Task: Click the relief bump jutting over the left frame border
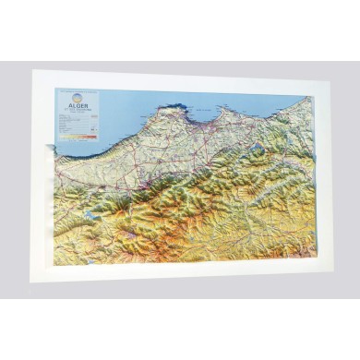click(x=47, y=142)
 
